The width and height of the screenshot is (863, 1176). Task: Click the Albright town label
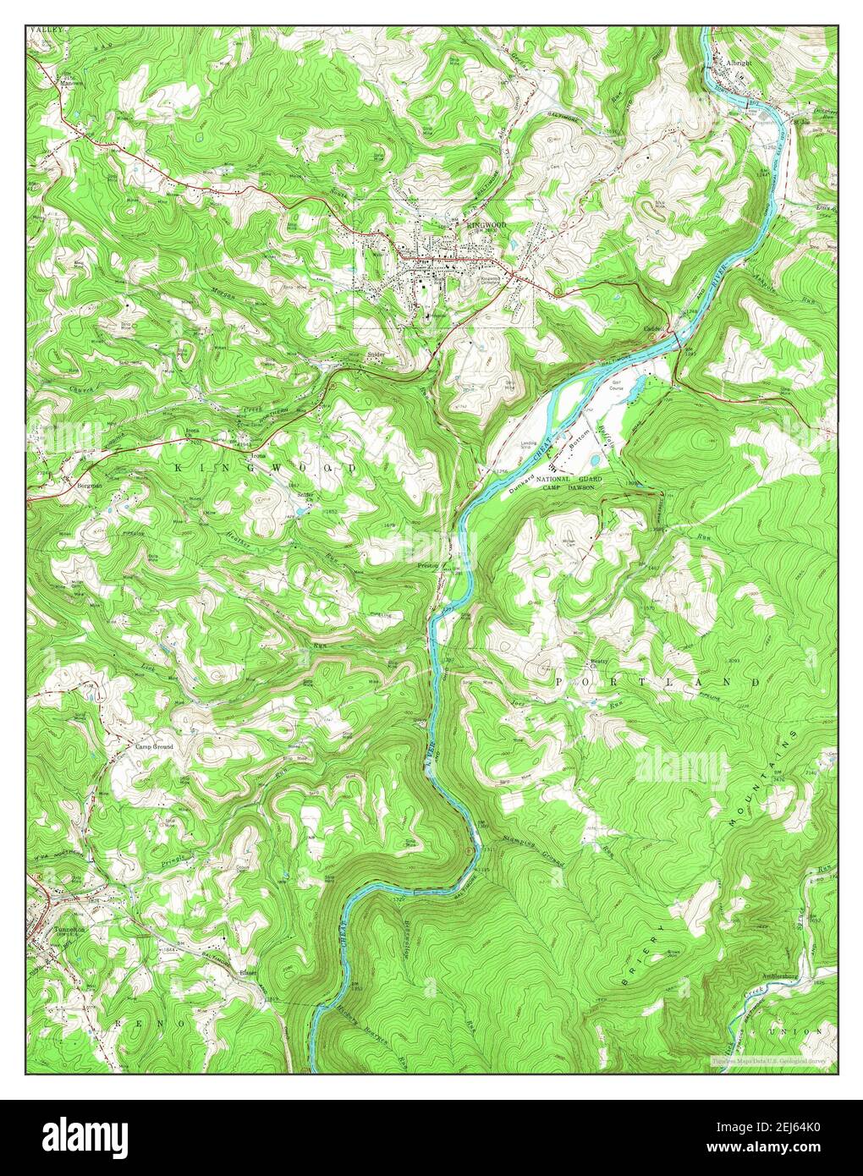point(733,63)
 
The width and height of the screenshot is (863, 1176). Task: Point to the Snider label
point(377,355)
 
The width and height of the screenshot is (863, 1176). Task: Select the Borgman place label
point(90,486)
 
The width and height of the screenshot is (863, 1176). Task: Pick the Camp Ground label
point(153,747)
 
